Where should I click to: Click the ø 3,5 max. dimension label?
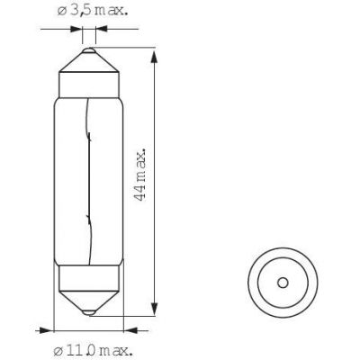(x=93, y=11)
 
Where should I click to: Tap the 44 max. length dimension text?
(x=140, y=174)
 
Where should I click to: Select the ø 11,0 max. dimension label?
(x=93, y=350)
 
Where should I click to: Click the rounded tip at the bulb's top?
(x=89, y=50)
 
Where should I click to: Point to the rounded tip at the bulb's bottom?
(x=89, y=312)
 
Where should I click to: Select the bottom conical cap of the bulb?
(x=89, y=301)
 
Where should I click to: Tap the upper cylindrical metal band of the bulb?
(x=89, y=85)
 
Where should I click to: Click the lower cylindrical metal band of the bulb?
(x=89, y=278)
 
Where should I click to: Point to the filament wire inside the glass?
(x=89, y=182)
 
